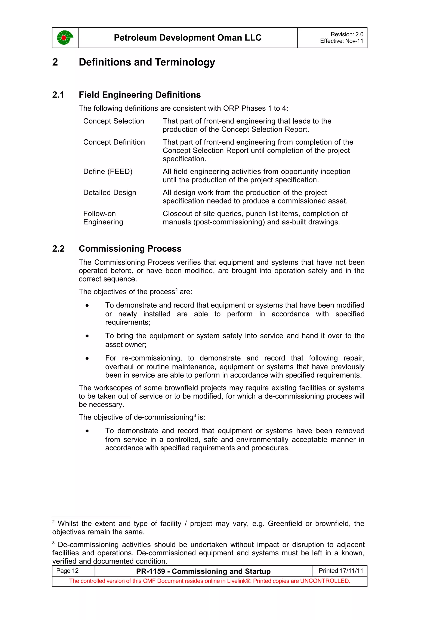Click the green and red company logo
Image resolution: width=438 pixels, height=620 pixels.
click(x=65, y=37)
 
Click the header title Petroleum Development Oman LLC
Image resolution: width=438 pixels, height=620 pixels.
click(x=188, y=37)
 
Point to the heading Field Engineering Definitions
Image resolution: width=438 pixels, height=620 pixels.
click(x=139, y=95)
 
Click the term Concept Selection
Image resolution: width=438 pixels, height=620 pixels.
click(x=114, y=121)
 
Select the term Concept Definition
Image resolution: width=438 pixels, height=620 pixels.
click(x=114, y=142)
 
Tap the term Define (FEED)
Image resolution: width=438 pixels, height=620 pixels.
click(x=108, y=171)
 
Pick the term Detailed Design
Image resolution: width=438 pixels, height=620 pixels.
click(x=109, y=193)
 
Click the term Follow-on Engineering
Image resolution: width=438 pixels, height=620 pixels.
click(x=103, y=218)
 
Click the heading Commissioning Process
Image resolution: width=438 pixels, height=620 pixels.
click(x=130, y=248)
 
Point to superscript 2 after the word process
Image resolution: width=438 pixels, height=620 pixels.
click(x=176, y=290)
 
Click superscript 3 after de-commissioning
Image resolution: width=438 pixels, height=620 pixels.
click(x=195, y=415)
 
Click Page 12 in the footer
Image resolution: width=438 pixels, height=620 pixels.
click(x=67, y=571)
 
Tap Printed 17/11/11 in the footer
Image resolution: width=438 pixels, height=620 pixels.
click(x=341, y=571)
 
